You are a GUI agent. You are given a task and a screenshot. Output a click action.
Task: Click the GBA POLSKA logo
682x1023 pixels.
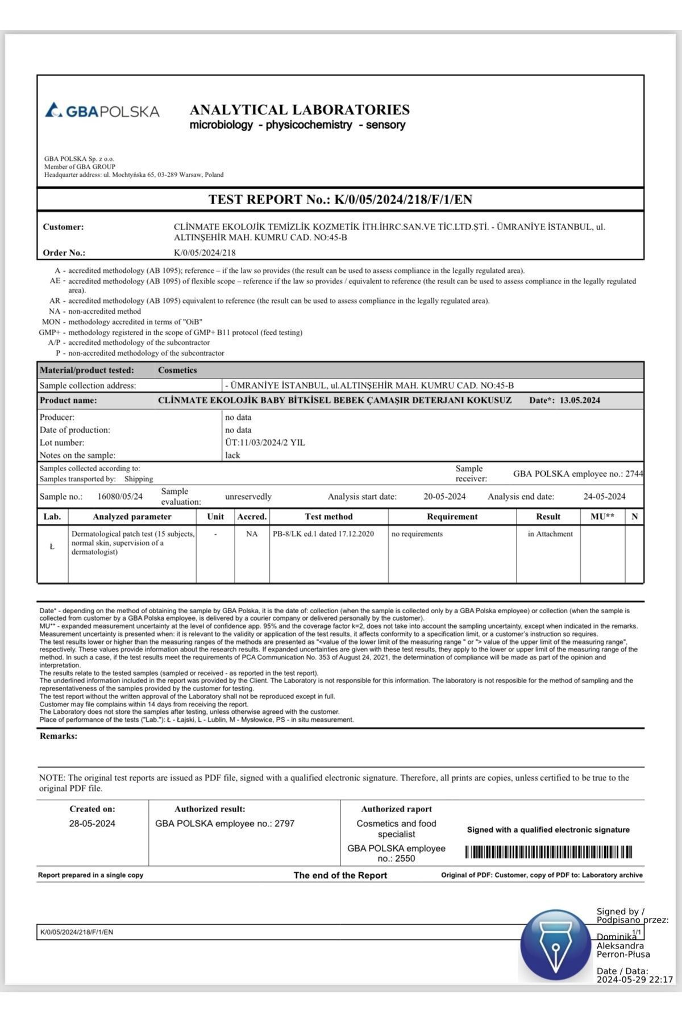coord(102,110)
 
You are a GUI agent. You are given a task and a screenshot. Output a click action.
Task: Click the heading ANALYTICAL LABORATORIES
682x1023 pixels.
coord(300,110)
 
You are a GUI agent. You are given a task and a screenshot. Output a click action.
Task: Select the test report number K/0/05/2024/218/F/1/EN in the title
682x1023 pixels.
coord(403,199)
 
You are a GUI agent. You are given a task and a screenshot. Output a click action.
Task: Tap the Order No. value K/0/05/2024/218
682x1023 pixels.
coord(205,252)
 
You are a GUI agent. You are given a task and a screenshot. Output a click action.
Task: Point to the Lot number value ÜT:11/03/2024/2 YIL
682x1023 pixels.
coord(265,442)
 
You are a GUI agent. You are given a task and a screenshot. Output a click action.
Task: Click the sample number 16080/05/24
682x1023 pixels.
coord(120,496)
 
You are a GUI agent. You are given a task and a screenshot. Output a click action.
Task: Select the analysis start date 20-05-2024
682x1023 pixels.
coord(444,496)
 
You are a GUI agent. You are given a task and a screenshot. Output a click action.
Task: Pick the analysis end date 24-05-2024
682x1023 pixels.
coord(604,496)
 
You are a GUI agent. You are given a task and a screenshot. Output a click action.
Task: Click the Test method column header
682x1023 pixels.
coord(328,517)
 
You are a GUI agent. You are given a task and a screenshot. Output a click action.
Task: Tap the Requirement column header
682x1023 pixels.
coord(452,517)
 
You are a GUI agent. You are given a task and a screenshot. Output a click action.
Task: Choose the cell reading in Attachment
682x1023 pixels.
coord(550,534)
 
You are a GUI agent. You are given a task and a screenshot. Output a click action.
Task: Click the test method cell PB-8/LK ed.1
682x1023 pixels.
coord(323,534)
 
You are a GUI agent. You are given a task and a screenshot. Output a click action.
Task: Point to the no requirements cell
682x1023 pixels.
coord(417,534)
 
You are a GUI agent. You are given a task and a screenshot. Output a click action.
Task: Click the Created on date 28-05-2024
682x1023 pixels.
coord(92,824)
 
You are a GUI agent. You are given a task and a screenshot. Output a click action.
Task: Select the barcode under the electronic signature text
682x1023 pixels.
coord(548,852)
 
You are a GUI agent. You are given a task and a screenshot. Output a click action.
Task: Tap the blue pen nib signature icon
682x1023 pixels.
coord(555,945)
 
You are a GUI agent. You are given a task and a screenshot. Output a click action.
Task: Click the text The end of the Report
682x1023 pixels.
coord(340,875)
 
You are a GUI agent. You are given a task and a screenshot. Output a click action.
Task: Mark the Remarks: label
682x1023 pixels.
coord(59,736)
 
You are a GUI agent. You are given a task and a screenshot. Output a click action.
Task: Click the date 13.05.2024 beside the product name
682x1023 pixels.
coord(580,400)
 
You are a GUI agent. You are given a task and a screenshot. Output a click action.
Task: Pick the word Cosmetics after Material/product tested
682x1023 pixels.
coord(177,370)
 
